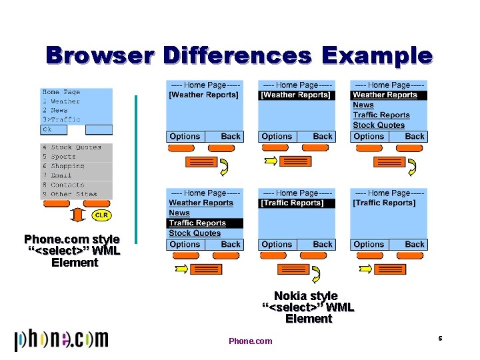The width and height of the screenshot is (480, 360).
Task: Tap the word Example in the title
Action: [x=377, y=55]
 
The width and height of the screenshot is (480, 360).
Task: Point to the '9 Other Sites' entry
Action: [x=69, y=194]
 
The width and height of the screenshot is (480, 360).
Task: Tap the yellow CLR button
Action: [x=101, y=215]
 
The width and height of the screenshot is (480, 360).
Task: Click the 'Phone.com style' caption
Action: [x=72, y=239]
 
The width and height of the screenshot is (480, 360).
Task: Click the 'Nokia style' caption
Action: [x=306, y=295]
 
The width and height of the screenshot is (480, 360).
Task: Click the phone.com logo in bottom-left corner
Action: [x=61, y=339]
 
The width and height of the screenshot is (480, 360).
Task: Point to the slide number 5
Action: [x=441, y=339]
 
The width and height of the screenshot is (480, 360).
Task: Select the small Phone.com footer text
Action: [x=250, y=341]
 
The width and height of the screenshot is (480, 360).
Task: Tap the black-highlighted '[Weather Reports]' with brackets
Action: [x=295, y=95]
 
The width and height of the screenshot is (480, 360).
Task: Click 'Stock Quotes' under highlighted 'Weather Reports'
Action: [x=379, y=125]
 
